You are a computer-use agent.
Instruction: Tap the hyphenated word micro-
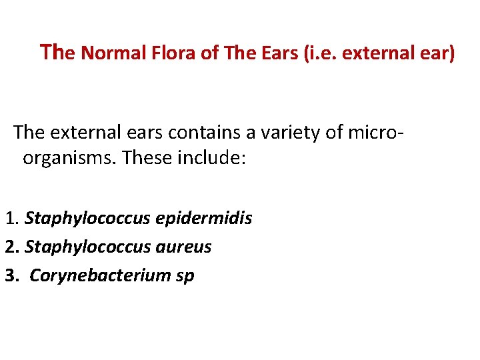tap(377, 133)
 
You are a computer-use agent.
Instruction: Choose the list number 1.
tap(11, 218)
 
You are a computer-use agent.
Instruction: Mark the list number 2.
tap(11, 247)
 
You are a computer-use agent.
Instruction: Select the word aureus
tap(183, 247)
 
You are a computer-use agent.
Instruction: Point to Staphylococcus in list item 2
tap(85, 247)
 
